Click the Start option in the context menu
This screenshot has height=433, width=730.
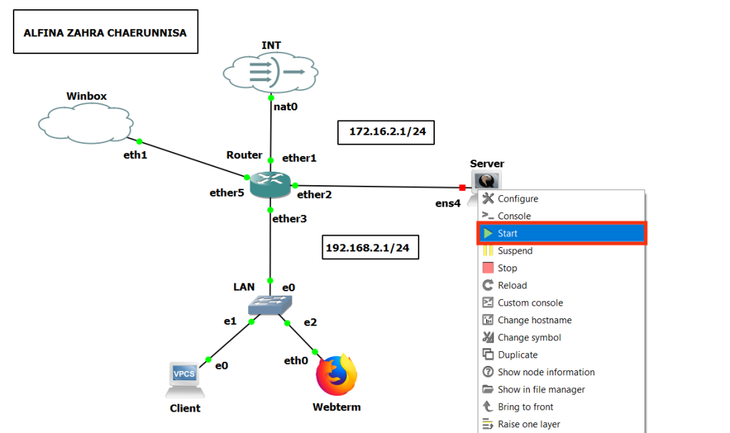click(x=508, y=234)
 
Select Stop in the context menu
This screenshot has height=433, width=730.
click(x=507, y=268)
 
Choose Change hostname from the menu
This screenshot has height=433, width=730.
click(x=534, y=320)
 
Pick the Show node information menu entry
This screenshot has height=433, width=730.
click(x=545, y=372)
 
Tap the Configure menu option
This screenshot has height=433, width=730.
click(x=518, y=199)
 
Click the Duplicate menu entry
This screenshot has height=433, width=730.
click(x=518, y=355)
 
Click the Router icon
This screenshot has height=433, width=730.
click(x=270, y=185)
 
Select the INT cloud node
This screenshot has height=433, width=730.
click(x=271, y=72)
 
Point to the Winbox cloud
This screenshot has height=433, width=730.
click(x=85, y=122)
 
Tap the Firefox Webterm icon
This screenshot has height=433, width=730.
click(x=336, y=375)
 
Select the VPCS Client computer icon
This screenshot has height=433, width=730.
click(x=185, y=379)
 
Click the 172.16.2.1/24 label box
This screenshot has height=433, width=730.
click(x=386, y=132)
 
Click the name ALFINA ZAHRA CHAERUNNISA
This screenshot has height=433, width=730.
click(x=106, y=32)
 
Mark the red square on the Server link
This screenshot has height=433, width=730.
click(x=463, y=188)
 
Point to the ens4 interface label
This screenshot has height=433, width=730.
click(x=448, y=203)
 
